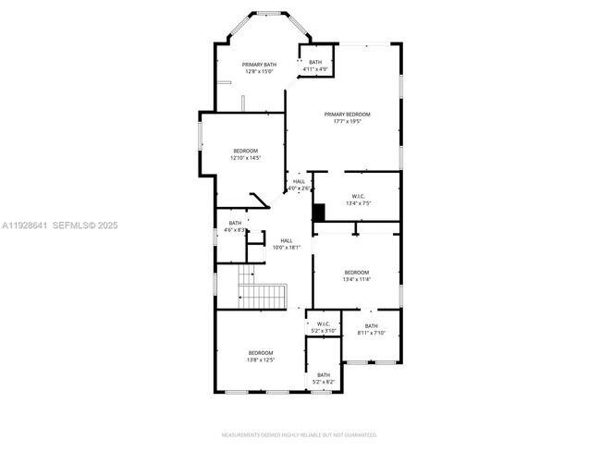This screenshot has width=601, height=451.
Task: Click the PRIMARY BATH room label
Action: (259, 65)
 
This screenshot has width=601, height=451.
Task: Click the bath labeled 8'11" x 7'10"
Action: (371, 329)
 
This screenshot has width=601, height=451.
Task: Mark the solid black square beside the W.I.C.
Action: (319, 213)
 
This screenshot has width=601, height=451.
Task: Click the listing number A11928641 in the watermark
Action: (24, 225)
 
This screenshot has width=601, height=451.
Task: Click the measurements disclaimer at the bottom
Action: (300, 434)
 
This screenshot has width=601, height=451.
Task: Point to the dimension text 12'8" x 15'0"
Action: (259, 71)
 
